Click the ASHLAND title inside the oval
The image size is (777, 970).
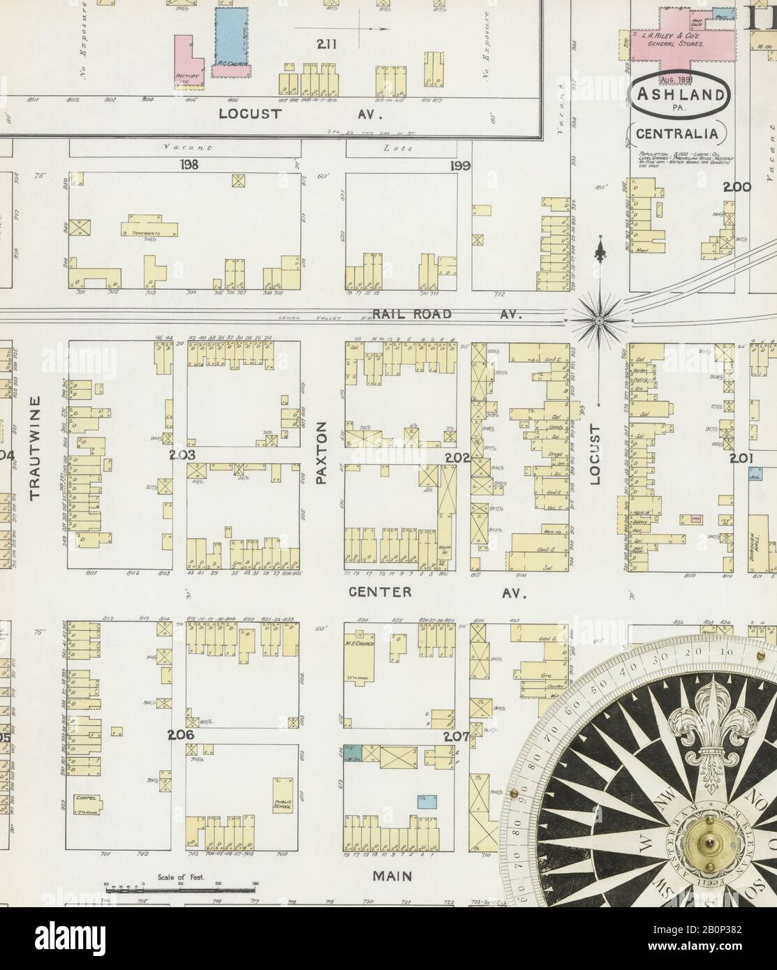pyautogui.click(x=681, y=90)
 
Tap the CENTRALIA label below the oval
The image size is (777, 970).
pyautogui.click(x=681, y=133)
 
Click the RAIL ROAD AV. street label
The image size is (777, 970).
pyautogui.click(x=447, y=315)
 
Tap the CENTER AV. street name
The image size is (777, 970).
pyautogui.click(x=437, y=592)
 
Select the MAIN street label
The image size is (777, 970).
pyautogui.click(x=391, y=876)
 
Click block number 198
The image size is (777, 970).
pyautogui.click(x=189, y=165)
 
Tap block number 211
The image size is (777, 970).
pyautogui.click(x=325, y=45)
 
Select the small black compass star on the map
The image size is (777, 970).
pyautogui.click(x=598, y=319)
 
